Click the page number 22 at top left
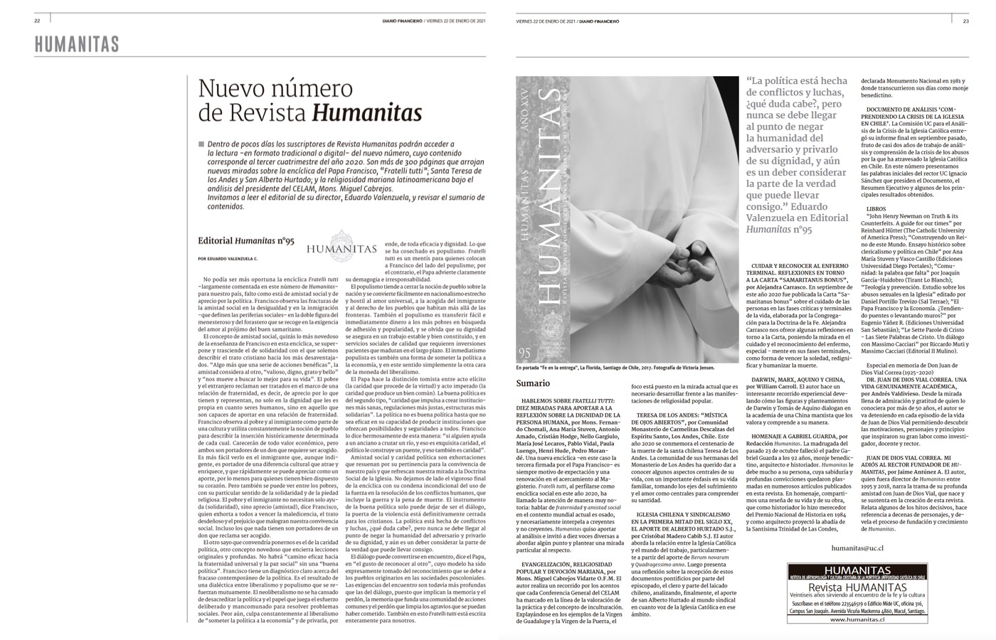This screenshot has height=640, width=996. click(36, 21)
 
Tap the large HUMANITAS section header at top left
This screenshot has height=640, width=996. click(76, 45)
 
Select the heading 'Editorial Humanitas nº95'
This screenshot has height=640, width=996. click(245, 241)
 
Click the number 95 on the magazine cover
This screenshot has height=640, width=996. click(525, 351)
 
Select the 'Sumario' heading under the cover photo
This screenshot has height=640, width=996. click(532, 383)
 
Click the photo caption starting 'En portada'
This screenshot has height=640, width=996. click(615, 368)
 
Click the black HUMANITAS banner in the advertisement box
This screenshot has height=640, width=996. click(866, 570)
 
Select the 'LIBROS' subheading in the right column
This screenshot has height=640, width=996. click(877, 209)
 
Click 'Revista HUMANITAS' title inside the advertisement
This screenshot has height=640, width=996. click(866, 587)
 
